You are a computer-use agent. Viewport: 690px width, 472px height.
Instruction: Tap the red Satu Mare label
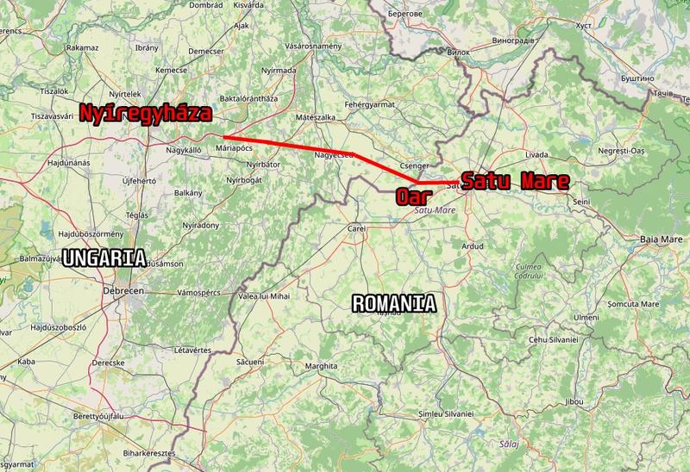(516, 182)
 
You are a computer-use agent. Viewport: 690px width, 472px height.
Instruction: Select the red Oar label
(414, 196)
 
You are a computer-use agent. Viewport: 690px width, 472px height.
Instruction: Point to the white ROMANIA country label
(393, 302)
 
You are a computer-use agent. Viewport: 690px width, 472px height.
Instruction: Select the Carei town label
(356, 229)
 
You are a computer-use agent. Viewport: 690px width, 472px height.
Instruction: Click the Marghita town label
(321, 366)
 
